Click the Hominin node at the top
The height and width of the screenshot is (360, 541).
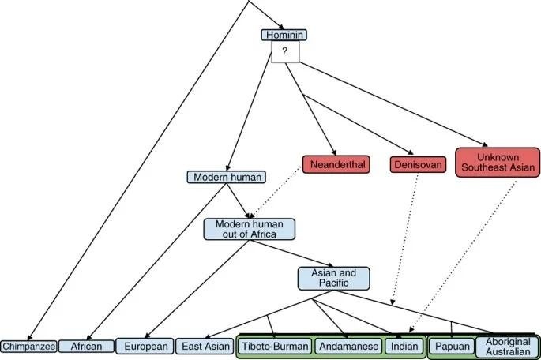tap(283, 36)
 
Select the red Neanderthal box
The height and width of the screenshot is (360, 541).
tap(336, 165)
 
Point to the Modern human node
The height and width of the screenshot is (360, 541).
tap(225, 177)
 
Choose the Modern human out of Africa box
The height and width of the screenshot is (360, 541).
tap(249, 228)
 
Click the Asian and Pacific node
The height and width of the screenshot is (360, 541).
tap(333, 278)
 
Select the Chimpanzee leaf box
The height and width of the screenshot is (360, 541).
tap(28, 347)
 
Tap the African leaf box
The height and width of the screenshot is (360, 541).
tap(85, 346)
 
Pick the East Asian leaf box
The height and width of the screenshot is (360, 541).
tap(204, 346)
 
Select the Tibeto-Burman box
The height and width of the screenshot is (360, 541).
tap(274, 346)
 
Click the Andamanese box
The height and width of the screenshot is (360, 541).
tap(347, 346)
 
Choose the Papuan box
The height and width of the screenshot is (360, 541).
tap(452, 346)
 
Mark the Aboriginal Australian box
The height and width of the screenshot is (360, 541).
tap(506, 346)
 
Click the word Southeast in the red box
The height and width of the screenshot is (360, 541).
tap(497, 167)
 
